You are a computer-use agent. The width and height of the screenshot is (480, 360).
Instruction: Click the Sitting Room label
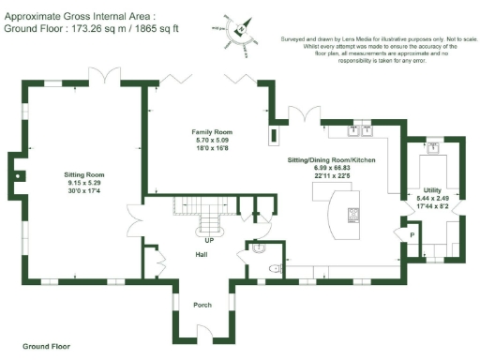click(83, 175)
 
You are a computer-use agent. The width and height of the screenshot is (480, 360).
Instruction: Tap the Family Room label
click(212, 132)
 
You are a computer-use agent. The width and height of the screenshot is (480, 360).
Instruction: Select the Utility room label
click(432, 190)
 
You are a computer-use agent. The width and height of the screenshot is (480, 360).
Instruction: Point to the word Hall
click(201, 255)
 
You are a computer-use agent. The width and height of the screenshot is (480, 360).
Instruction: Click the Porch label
click(202, 305)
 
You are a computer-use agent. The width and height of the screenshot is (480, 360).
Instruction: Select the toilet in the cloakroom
click(273, 268)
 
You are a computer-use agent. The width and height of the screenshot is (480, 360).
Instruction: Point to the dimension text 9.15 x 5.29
click(83, 184)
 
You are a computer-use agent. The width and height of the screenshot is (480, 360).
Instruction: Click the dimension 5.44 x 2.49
click(432, 199)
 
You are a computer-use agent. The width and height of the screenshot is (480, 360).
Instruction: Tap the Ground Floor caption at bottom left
click(46, 346)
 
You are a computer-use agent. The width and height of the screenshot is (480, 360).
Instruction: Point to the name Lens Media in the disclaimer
click(360, 38)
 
